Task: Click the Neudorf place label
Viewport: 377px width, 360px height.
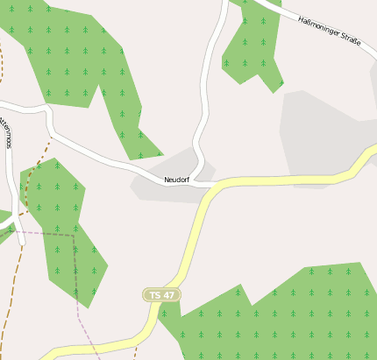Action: click(x=176, y=180)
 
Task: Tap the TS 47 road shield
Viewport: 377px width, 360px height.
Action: click(x=161, y=295)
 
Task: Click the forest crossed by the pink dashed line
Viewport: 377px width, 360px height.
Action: click(x=66, y=236)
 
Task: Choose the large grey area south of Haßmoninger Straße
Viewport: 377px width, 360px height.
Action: click(x=320, y=131)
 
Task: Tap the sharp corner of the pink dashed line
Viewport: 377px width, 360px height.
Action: click(x=74, y=235)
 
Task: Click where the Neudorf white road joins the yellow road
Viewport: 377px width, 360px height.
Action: click(x=213, y=186)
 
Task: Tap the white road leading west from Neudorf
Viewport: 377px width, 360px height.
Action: click(x=105, y=158)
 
